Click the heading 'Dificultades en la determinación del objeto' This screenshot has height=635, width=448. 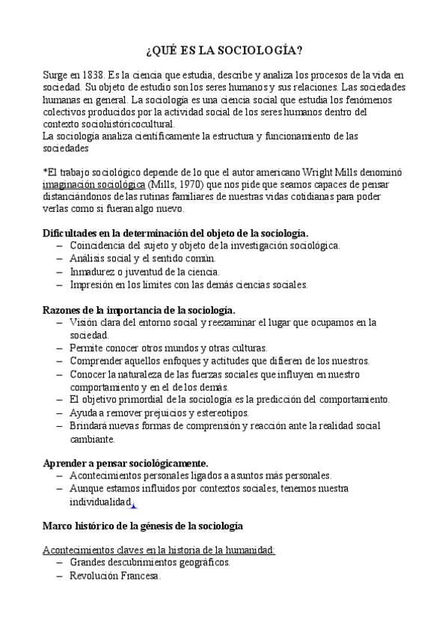tap(175, 233)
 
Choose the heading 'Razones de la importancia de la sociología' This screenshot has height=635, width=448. tap(139, 309)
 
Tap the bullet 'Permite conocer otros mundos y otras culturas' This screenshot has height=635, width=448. tap(168, 348)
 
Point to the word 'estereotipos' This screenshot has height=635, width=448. tap(222, 413)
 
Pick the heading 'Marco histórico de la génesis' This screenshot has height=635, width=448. tap(142, 526)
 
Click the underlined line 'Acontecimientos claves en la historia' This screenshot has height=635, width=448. tap(159, 550)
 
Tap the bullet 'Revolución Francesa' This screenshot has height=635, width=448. tap(115, 576)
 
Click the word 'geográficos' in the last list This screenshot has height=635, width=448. tap(200, 562)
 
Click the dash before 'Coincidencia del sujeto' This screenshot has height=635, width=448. tap(59, 246)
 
